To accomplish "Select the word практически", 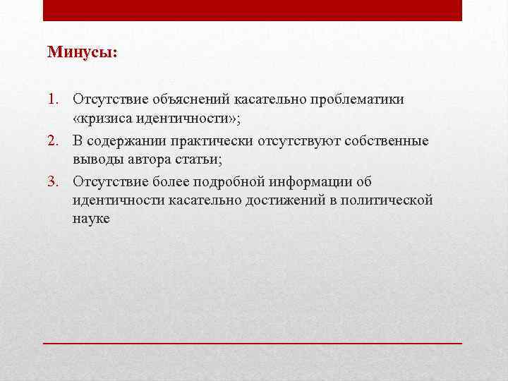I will pyautogui.click(x=208, y=141).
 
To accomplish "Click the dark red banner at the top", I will pyautogui.click(x=253, y=10).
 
